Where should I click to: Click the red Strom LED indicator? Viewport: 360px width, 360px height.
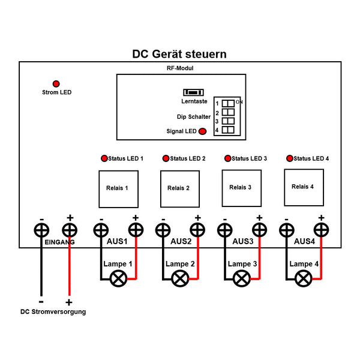[56, 83]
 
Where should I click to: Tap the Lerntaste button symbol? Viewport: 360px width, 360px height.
[193, 92]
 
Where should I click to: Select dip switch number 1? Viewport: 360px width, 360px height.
[228, 103]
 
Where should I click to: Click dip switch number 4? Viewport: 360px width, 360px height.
[228, 130]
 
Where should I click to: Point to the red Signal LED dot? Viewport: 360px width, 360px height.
[203, 131]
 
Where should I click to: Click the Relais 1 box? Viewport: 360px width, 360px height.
[118, 188]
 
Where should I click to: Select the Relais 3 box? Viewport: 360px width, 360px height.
[241, 187]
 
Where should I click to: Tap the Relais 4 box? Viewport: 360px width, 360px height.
[304, 186]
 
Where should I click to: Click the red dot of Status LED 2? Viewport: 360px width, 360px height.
[166, 158]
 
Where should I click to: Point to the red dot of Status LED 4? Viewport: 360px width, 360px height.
[290, 158]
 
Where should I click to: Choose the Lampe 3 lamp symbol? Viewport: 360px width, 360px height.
[242, 278]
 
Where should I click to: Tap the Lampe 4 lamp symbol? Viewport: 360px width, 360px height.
[304, 277]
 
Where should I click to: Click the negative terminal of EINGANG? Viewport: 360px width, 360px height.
[41, 230]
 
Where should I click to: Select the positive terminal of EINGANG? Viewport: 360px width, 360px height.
[70, 230]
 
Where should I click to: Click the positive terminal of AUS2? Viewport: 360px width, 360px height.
[197, 230]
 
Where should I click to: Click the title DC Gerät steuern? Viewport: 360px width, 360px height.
[179, 54]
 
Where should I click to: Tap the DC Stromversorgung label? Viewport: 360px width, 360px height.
[53, 311]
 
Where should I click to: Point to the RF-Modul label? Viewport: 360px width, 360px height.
[180, 68]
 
